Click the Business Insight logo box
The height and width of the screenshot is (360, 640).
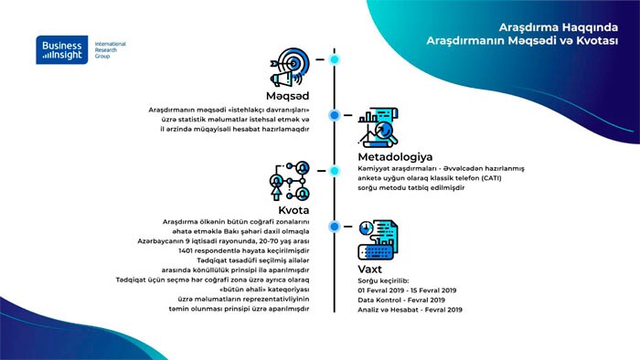[x=62, y=49]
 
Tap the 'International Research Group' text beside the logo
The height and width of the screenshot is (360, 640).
[x=111, y=49]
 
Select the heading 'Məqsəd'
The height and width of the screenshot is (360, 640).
[x=287, y=96]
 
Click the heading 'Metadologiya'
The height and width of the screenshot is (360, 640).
[x=395, y=157]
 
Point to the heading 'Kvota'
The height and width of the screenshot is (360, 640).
[x=293, y=210]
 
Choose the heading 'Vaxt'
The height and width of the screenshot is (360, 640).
[x=369, y=269]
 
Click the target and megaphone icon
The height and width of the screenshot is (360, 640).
[x=290, y=68]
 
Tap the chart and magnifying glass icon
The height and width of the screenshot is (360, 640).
[x=378, y=128]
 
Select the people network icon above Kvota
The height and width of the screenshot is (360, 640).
[x=290, y=181]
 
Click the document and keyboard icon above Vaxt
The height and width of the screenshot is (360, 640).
[x=378, y=239]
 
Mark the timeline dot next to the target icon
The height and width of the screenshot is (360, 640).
[x=335, y=59]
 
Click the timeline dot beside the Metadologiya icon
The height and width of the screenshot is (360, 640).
[x=335, y=115]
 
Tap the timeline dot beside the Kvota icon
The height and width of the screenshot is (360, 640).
[x=335, y=171]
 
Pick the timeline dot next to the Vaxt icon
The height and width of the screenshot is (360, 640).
[x=335, y=227]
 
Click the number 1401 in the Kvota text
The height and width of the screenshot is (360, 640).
[x=185, y=250]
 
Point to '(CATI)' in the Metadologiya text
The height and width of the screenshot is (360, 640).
[x=491, y=178]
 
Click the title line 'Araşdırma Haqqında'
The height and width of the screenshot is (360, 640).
[x=559, y=27]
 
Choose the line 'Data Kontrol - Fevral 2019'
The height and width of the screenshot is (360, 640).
[x=401, y=300]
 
